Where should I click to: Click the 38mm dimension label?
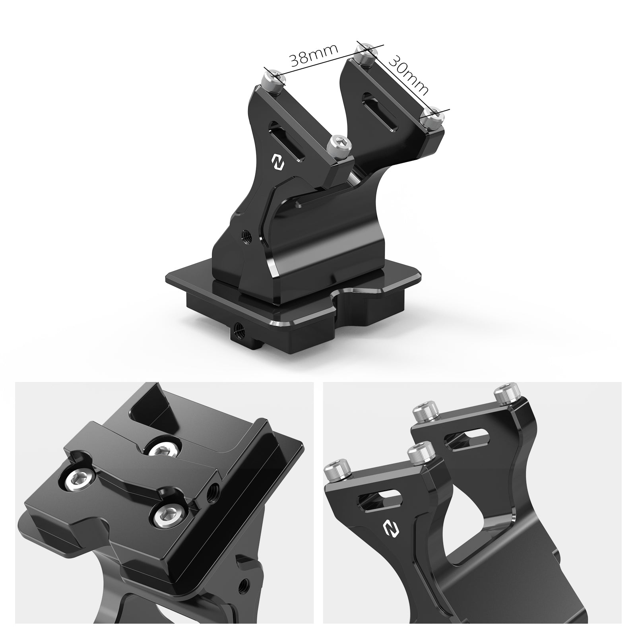pyautogui.click(x=314, y=55)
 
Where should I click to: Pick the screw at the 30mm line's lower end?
pyautogui.click(x=432, y=118)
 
